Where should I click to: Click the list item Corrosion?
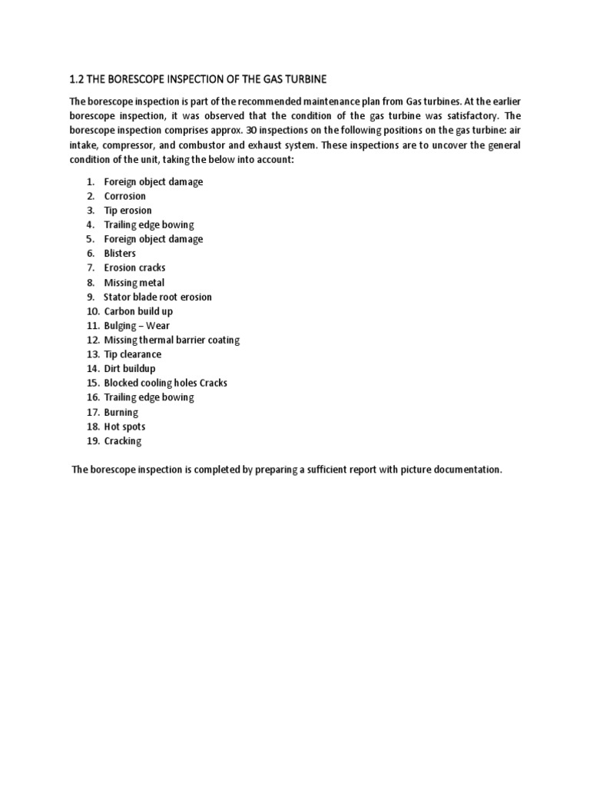[124, 196]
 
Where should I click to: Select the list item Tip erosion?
[128, 211]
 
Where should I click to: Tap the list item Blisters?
[120, 254]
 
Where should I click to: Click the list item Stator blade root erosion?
[157, 297]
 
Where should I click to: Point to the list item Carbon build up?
[138, 311]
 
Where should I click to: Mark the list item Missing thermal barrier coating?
[172, 340]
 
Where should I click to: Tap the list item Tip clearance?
[132, 354]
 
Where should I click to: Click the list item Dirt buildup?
[129, 369]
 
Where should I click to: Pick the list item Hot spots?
[124, 427]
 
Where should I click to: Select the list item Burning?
[121, 412]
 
